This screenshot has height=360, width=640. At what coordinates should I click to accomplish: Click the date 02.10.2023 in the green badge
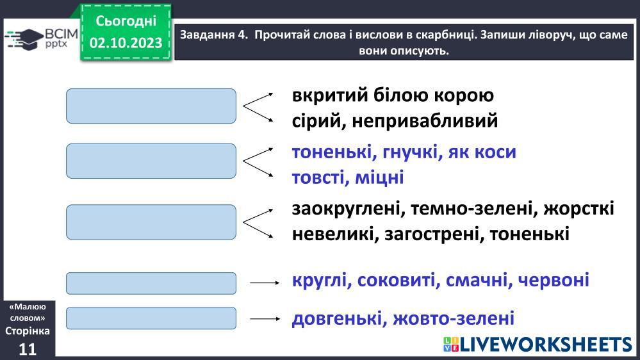coord(126,42)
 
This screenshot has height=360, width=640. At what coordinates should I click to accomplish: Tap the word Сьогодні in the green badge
coord(126,20)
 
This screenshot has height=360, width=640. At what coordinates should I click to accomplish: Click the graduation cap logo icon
coord(24,39)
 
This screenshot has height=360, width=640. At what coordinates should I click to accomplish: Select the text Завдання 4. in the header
coord(214,35)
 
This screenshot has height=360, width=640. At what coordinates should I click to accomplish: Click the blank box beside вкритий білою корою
coord(151,106)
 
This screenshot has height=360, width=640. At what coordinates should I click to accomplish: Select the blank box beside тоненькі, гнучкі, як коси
coord(151,161)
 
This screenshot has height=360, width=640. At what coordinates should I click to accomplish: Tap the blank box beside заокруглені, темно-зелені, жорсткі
coord(151,222)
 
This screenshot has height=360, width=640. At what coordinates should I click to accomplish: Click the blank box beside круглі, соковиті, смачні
coord(151,283)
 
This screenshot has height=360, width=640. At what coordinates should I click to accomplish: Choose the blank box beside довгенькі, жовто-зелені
coord(151,318)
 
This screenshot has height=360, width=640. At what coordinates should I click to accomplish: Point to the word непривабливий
coord(425,121)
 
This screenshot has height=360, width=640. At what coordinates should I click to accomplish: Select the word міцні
coord(380,177)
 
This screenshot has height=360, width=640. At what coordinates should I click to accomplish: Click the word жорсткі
coord(578,209)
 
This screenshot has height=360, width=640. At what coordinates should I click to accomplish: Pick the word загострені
coord(431,234)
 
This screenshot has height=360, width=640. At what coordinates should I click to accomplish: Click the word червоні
coord(554,281)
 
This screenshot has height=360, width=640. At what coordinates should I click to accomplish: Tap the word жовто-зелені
coord(454,318)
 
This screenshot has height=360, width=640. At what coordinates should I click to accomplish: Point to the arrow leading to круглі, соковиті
coord(265,282)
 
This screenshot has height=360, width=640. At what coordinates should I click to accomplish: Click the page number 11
coord(28,349)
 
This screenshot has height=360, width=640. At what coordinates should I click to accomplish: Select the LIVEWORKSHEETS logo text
coord(538,345)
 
